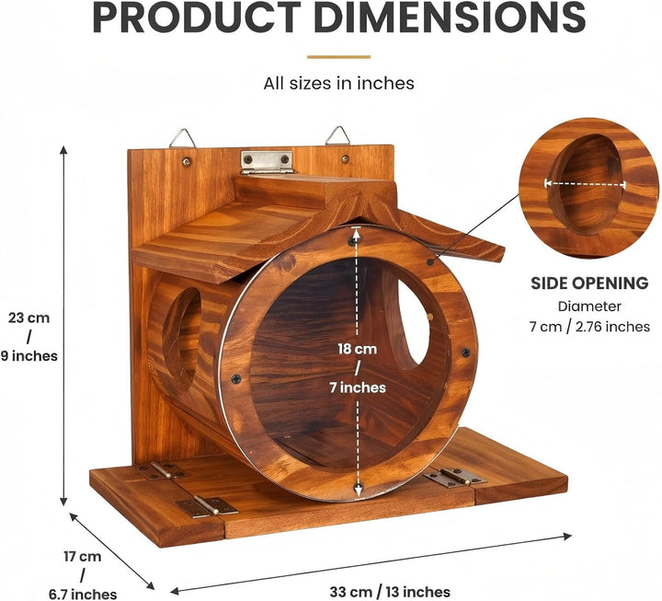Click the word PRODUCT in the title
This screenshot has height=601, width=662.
point(196,17)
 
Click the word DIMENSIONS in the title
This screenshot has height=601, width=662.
point(450,17)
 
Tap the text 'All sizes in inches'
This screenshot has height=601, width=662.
point(338,83)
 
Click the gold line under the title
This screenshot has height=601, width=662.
point(338,57)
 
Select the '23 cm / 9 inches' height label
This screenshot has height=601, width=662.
point(29,337)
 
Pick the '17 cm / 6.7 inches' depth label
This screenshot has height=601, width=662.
point(83,575)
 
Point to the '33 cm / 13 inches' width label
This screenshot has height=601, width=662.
point(390,591)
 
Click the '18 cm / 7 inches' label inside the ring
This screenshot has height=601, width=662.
point(358,368)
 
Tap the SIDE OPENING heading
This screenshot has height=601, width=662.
point(589,283)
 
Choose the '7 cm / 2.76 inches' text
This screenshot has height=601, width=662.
point(589,327)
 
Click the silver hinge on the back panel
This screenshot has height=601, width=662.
point(268,162)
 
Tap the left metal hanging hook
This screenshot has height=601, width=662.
point(182,138)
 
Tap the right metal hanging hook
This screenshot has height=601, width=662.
point(337,135)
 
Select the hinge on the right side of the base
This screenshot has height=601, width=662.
point(455,477)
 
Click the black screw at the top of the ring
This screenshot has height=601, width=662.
point(352,241)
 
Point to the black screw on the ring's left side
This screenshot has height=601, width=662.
point(235,378)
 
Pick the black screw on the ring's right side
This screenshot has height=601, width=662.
point(465,353)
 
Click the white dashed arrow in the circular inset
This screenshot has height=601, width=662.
point(585,183)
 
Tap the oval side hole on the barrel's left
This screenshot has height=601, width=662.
point(182,333)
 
